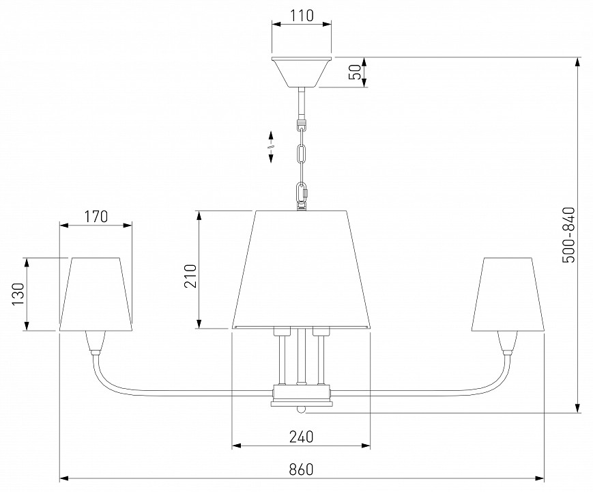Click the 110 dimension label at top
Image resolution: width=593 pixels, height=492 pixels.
pyautogui.click(x=302, y=16)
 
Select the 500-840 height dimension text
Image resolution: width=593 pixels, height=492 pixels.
pyautogui.click(x=568, y=234)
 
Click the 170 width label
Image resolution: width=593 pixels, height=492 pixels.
pyautogui.click(x=96, y=216)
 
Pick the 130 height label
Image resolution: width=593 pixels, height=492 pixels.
pyautogui.click(x=18, y=294)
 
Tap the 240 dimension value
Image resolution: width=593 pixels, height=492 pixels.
pyautogui.click(x=302, y=437)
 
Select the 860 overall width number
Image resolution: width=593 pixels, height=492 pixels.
pyautogui.click(x=302, y=469)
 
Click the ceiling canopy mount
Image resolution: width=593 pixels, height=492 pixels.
pyautogui.click(x=302, y=72)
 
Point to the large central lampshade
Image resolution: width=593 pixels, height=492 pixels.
pyautogui.click(x=301, y=270)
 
